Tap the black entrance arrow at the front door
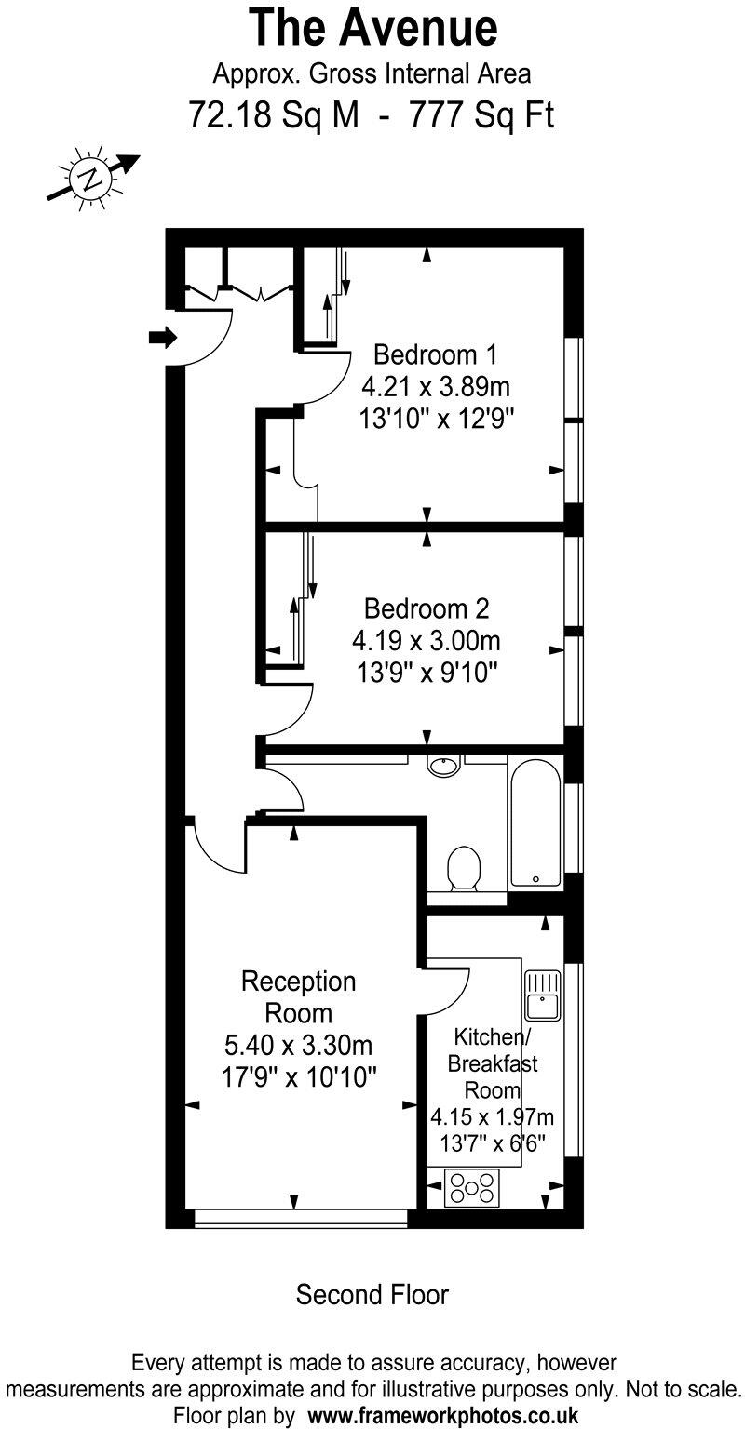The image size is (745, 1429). [x=162, y=337]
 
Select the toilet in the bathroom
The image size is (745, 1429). [x=463, y=868]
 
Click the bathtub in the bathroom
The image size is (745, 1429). [x=535, y=820]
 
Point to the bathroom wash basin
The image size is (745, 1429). [x=444, y=766]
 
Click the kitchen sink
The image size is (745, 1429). [x=541, y=994]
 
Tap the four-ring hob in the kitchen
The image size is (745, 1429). [x=472, y=1188]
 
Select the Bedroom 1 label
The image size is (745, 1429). [x=435, y=354]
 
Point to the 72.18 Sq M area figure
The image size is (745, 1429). [x=266, y=116]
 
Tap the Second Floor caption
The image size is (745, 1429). [x=372, y=1294]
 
